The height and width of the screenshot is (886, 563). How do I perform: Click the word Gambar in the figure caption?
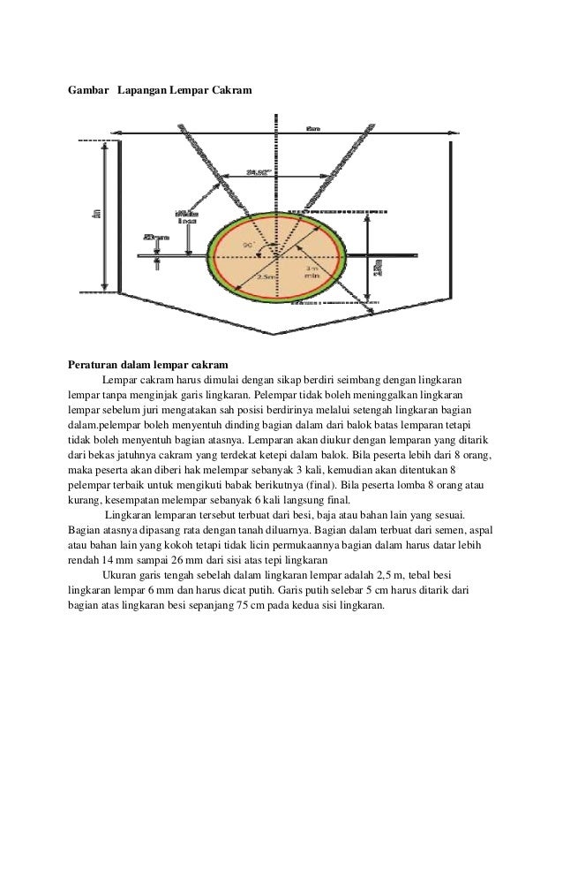(x=87, y=90)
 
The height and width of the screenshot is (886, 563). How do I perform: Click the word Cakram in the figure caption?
(x=231, y=90)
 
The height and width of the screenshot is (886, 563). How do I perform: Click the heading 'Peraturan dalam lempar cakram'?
(x=147, y=364)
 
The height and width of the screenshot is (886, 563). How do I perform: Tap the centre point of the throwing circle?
(x=276, y=254)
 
